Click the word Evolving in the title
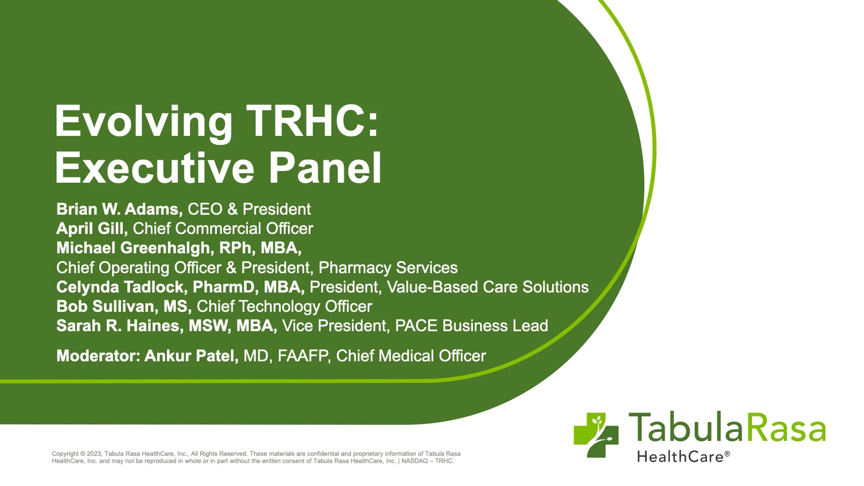point(143,121)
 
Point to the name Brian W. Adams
point(119,209)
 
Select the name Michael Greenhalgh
point(133,248)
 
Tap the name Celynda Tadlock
point(120,287)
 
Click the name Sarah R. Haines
point(119,326)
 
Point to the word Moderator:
point(99,356)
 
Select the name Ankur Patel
point(191,356)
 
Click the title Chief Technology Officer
point(284,306)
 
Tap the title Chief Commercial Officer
point(223,229)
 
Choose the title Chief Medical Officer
point(411,356)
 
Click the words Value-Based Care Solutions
point(488,287)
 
